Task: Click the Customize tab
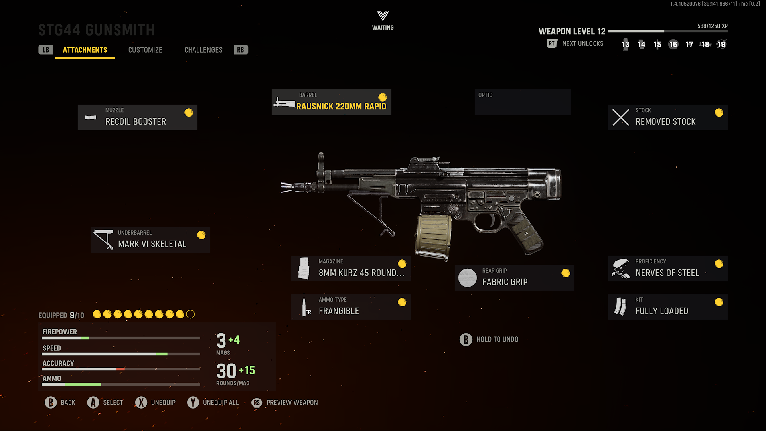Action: tap(145, 50)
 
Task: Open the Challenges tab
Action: tap(203, 50)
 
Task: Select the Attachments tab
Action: tap(85, 50)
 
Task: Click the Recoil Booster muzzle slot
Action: tap(138, 117)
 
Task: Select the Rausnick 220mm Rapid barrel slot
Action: tap(331, 102)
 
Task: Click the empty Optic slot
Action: tap(522, 102)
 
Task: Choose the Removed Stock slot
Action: tap(667, 117)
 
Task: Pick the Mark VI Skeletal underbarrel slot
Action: tap(150, 240)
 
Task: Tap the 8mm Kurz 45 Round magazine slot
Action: tap(351, 269)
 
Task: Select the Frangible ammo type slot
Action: tap(351, 307)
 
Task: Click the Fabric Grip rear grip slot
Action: tap(514, 278)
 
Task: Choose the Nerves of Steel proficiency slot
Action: tap(667, 269)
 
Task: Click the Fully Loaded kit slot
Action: tap(667, 307)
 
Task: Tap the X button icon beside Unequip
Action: tap(141, 403)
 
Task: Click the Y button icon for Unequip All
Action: tap(193, 403)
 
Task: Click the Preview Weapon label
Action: tap(292, 403)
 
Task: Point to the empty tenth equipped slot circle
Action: tap(191, 314)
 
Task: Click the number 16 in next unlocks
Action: tap(673, 44)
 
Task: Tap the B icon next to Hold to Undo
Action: tap(466, 340)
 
